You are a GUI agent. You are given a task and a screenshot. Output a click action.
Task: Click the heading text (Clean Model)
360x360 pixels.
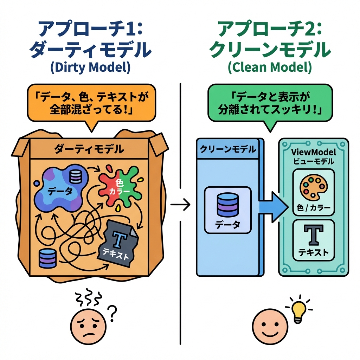click(x=270, y=67)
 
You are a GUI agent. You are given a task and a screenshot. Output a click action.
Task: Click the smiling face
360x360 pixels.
click(x=269, y=323)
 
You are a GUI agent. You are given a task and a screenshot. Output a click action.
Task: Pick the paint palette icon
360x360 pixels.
click(x=313, y=187)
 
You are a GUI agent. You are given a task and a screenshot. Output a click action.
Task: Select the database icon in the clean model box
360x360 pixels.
click(x=227, y=205)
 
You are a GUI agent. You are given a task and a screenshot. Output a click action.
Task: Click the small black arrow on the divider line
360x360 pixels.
click(x=180, y=204)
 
